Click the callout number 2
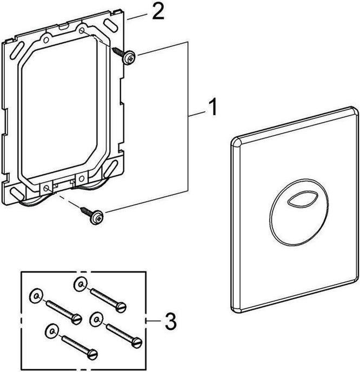(x=158, y=12)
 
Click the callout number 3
(x=170, y=324)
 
